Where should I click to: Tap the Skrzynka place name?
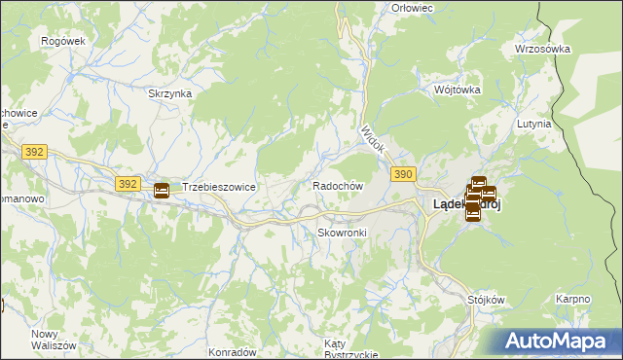click(x=169, y=93)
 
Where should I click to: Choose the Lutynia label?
click(x=534, y=125)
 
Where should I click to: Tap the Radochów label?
click(x=338, y=185)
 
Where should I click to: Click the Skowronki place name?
click(x=341, y=233)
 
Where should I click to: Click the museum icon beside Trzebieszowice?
click(x=162, y=190)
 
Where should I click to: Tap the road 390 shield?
click(x=405, y=173)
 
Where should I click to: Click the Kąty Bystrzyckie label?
click(x=350, y=349)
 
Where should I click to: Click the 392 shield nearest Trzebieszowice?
click(x=127, y=183)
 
